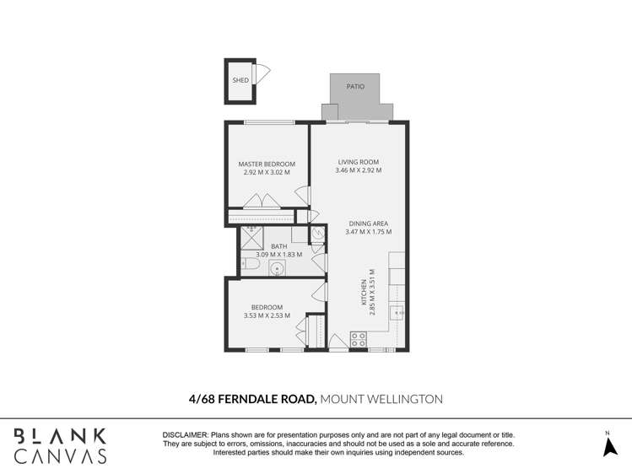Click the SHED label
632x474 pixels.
[x=240, y=81]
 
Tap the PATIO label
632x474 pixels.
[x=355, y=86]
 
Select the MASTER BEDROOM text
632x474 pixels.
[x=266, y=164]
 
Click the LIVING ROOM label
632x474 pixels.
[x=358, y=162]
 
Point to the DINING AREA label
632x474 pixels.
[x=368, y=224]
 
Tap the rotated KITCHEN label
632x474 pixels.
[x=365, y=296]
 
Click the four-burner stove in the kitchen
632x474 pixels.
[x=359, y=340]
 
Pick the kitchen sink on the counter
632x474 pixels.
[x=397, y=312]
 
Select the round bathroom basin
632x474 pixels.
[x=278, y=269]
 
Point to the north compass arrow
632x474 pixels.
[x=610, y=447]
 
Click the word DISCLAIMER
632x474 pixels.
[x=185, y=434]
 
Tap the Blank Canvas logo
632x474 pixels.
[x=58, y=445]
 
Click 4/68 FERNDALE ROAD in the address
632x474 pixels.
[x=251, y=399]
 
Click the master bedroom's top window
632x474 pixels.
[x=262, y=123]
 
